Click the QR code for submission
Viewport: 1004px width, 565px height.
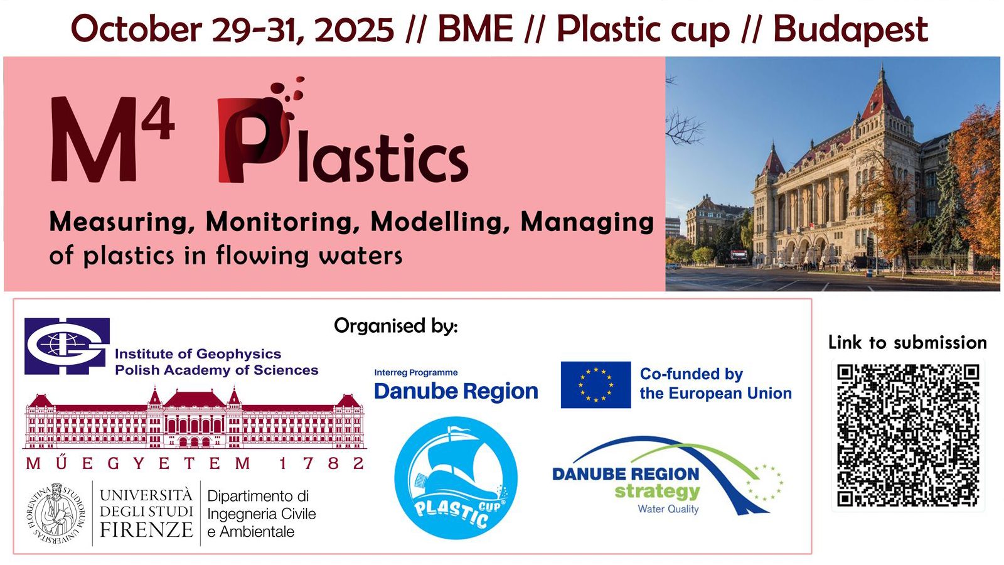[908, 436]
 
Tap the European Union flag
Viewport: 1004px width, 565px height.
[595, 385]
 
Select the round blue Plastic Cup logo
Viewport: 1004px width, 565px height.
[456, 478]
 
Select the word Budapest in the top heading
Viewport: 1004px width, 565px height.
[850, 29]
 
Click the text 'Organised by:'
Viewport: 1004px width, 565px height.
[396, 326]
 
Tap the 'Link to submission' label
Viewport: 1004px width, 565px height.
[907, 343]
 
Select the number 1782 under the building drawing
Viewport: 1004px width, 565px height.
[321, 463]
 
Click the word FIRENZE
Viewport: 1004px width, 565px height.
[146, 530]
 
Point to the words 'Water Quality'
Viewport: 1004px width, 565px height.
[668, 509]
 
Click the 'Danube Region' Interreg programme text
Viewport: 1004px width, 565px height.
[456, 391]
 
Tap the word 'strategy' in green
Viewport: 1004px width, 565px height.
[657, 492]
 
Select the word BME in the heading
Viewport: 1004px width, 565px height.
[475, 29]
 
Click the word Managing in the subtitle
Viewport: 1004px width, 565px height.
[587, 222]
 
